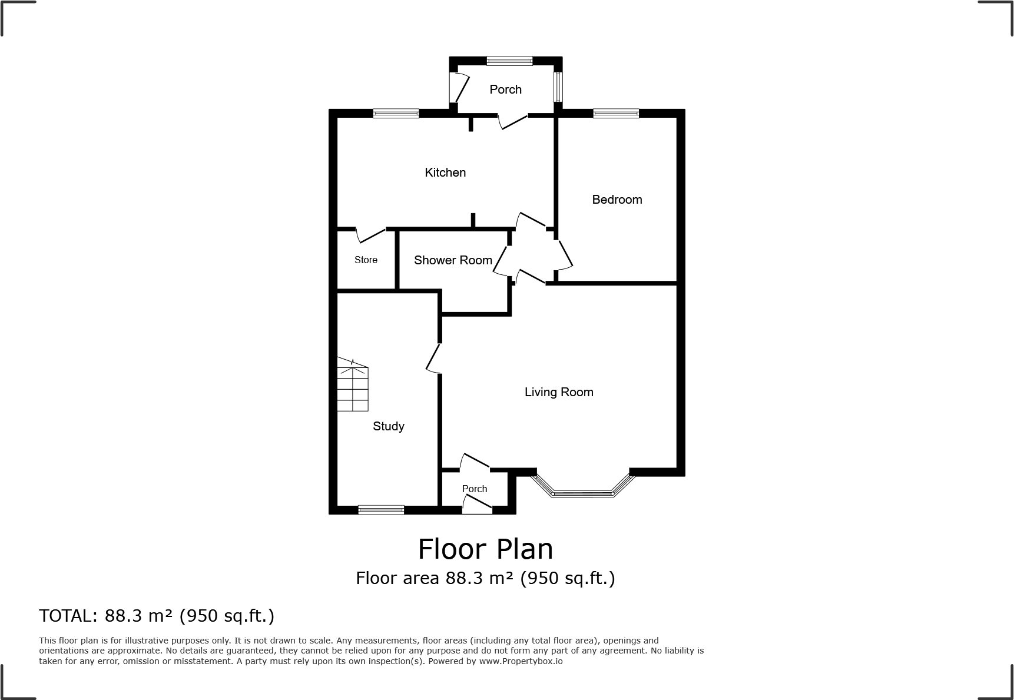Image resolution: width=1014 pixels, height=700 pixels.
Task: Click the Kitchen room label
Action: (x=445, y=172)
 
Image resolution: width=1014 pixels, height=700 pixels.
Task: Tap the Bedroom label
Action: (x=617, y=200)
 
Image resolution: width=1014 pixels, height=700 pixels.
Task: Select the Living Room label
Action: (x=559, y=392)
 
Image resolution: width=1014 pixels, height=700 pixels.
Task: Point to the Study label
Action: (x=388, y=426)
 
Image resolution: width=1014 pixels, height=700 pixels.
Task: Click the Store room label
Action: (x=366, y=260)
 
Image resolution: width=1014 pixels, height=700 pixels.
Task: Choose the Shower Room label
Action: (x=453, y=260)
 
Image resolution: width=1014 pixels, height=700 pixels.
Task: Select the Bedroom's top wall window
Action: (x=615, y=114)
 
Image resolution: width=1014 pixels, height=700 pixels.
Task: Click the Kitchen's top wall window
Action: (x=396, y=114)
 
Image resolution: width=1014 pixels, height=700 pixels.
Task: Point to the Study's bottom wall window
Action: (x=381, y=510)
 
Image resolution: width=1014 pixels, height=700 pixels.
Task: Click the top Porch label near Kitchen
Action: (x=505, y=89)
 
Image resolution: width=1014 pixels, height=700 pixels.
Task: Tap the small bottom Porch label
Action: (x=474, y=489)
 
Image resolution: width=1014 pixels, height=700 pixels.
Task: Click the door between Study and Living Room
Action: (x=433, y=358)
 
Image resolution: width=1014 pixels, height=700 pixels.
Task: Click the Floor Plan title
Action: (x=485, y=549)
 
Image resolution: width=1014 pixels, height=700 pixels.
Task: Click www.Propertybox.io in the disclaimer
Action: (x=521, y=661)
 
